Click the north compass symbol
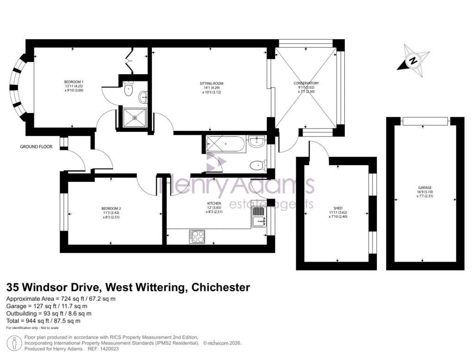(x=412, y=59)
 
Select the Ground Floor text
(x=36, y=147)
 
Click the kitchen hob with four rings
(x=197, y=236)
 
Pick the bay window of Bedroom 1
(x=18, y=87)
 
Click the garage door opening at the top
(x=425, y=121)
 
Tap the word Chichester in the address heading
(x=219, y=287)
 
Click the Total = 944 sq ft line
(x=44, y=321)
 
